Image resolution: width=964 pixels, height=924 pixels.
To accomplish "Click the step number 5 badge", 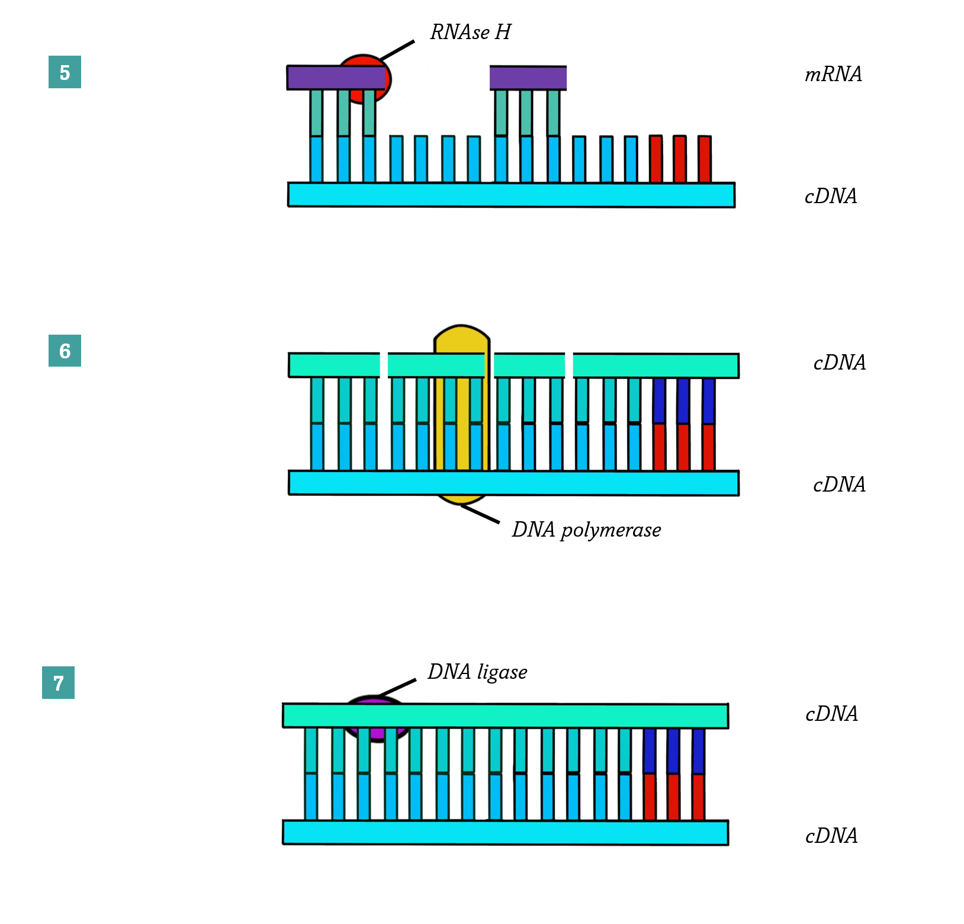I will point(65,72).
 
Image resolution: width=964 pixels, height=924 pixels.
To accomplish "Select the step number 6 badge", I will point(65,351).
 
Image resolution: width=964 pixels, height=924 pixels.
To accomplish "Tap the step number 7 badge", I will point(58,683).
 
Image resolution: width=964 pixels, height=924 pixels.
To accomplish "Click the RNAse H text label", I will point(470,32).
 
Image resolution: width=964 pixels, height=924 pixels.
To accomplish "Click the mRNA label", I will point(833,74).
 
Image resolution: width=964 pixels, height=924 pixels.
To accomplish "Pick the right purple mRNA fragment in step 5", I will point(528,78).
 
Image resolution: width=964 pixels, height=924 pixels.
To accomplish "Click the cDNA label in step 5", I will point(830,196).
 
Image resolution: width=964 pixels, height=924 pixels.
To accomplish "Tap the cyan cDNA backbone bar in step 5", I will point(511,195).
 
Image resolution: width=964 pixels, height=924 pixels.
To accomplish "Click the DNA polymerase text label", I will point(586,530).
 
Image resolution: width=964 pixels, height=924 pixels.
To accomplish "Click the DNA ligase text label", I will point(477,672).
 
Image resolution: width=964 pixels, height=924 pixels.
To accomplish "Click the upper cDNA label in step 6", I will point(839,362).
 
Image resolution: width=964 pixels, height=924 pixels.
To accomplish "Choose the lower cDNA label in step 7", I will point(831,836).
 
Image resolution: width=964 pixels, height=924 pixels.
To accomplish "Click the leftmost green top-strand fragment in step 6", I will point(334,365).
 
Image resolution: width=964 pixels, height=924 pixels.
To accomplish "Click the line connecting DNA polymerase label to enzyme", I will point(480,514).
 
